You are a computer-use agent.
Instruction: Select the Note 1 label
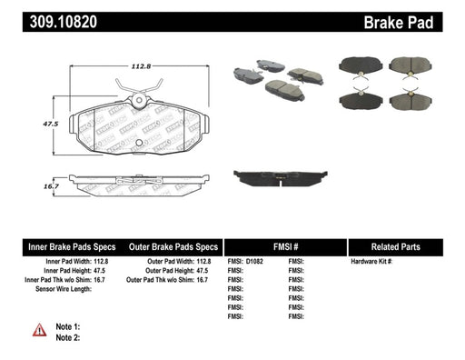point(69,325)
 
